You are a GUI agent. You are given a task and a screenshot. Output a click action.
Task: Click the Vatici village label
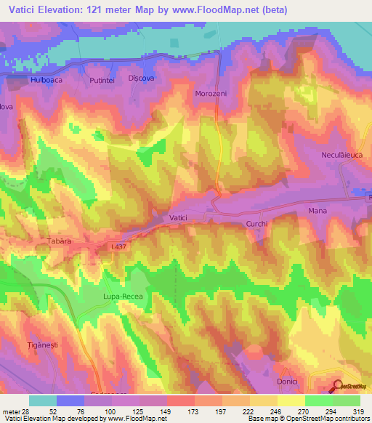coord(178,217)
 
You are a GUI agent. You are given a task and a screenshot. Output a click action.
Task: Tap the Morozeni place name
coord(211,94)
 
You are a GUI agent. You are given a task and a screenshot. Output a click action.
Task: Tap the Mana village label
coord(318,211)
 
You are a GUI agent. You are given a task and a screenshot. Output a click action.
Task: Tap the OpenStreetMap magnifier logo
coord(338,387)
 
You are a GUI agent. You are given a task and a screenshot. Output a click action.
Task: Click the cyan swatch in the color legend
coord(43,400)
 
